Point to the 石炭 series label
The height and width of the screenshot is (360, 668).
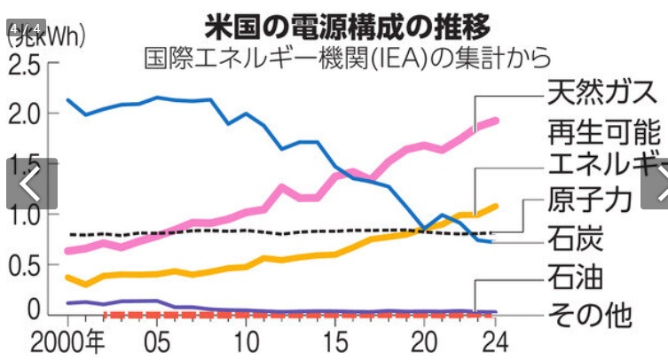point(574,239)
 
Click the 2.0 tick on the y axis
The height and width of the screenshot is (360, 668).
point(23,114)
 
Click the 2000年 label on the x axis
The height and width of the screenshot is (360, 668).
point(68,341)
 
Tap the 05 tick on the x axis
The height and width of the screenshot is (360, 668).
point(157,341)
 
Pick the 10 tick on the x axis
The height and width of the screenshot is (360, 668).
point(248,341)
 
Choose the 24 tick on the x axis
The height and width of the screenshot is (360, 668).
point(498,341)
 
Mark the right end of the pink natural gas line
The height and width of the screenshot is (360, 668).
point(497,121)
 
